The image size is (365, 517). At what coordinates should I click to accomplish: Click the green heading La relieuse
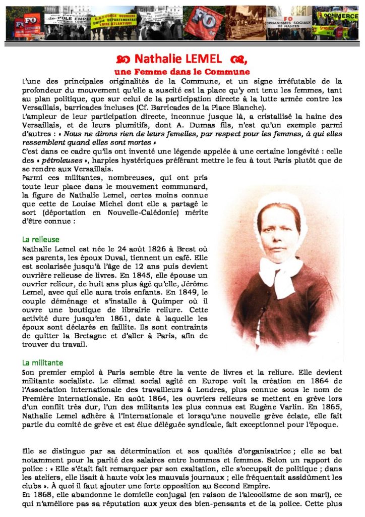[x=41, y=239]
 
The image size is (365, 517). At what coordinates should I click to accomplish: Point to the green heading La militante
[x=43, y=363]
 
